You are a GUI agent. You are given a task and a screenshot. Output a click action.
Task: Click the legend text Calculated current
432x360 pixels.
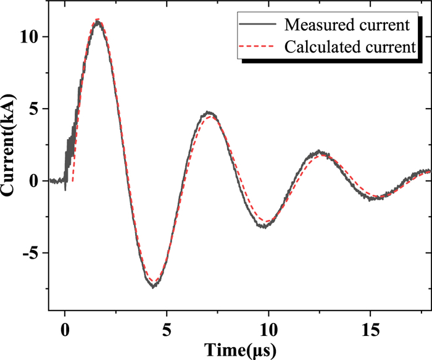click(x=349, y=46)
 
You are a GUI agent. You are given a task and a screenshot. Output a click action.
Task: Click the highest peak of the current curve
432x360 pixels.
click(x=98, y=21)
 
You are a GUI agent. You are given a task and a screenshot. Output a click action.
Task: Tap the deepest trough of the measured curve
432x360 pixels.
click(x=154, y=287)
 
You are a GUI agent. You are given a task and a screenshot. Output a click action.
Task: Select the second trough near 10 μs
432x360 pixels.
click(x=264, y=227)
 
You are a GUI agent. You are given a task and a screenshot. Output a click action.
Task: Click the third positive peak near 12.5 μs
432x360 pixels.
click(x=318, y=151)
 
